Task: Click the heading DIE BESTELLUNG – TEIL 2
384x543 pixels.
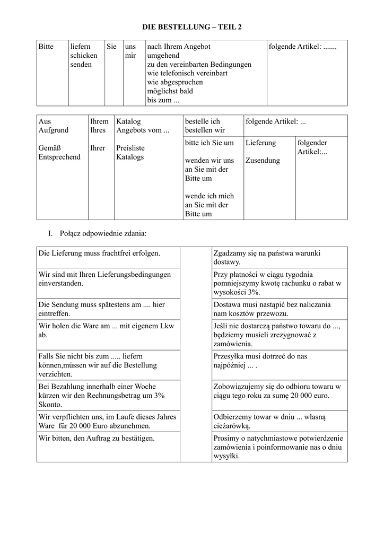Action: (x=192, y=27)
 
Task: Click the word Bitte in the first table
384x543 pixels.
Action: (x=46, y=47)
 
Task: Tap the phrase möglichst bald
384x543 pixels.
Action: (x=170, y=91)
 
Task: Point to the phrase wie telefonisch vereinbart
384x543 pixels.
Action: (x=187, y=73)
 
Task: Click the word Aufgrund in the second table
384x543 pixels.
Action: (x=54, y=130)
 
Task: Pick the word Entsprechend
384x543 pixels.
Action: (x=59, y=157)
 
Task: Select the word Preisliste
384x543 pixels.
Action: (x=130, y=148)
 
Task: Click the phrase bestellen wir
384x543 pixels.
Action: (x=205, y=130)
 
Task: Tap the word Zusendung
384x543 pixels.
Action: (x=263, y=161)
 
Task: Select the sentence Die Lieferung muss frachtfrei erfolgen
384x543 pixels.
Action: (x=99, y=253)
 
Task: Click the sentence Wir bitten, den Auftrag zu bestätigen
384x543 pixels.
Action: (x=97, y=439)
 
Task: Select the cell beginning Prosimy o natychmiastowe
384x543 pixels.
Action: (x=278, y=447)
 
